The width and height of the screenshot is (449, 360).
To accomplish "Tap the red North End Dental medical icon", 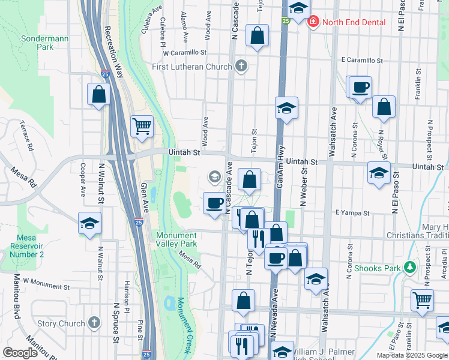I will [x=313, y=23].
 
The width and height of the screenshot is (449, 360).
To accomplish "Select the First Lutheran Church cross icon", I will [x=241, y=67].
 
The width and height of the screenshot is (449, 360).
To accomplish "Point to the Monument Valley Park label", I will [x=176, y=240].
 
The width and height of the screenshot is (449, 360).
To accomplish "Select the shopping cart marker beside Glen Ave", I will [x=142, y=126].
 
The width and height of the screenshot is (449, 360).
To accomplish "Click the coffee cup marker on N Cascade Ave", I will [x=215, y=202].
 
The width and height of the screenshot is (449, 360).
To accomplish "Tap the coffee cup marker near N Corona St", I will [x=360, y=88].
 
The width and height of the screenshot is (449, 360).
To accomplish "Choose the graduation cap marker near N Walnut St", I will [x=89, y=224].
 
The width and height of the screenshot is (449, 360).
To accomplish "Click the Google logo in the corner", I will [x=20, y=353].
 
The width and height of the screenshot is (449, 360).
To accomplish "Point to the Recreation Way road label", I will [x=114, y=52].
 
